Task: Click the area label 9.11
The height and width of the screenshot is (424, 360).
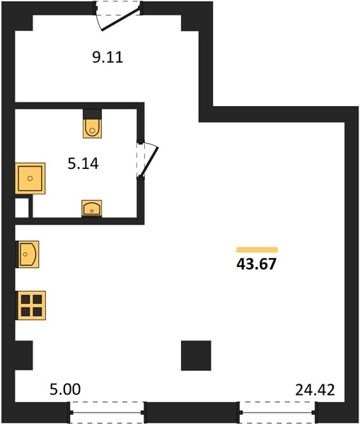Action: coord(108,57)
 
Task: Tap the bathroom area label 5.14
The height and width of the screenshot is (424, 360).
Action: coord(83,164)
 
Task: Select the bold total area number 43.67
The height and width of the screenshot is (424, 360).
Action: coord(256,264)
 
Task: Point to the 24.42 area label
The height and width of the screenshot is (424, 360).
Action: coord(315,389)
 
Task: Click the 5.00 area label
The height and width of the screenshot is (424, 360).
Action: coord(65,389)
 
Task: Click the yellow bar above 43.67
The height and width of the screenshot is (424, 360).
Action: coord(257,249)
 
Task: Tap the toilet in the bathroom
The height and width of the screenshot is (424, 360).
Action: coord(93,128)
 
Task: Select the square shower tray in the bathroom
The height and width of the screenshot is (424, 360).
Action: coord(30,179)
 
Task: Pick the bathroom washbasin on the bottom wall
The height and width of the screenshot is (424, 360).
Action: coord(92,208)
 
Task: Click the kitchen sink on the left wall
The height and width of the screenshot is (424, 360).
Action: coord(28,254)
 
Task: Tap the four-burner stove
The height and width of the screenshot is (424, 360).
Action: coord(31,305)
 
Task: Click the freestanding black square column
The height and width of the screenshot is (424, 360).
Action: coord(196,355)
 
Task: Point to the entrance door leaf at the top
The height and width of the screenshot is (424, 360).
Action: coord(121,20)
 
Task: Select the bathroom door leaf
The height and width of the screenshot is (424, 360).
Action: coord(149,162)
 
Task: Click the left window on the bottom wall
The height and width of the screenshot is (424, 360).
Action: coord(108,413)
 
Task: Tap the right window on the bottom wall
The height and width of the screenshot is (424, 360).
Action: coord(277,413)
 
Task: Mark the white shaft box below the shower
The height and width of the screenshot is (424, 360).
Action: coord(22,208)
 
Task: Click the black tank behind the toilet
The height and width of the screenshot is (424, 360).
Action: coord(93,114)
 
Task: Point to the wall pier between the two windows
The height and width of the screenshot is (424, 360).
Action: coord(192,413)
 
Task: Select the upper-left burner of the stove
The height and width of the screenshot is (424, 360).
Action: coord(25,300)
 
